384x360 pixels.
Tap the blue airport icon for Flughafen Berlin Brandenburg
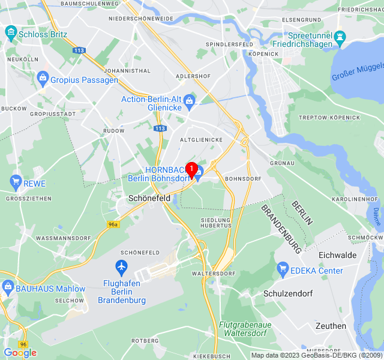point(122,266)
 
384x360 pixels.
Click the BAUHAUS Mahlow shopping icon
point(8,289)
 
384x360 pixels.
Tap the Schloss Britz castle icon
point(10,34)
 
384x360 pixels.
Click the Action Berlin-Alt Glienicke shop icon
point(190,100)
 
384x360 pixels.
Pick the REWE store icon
point(16,181)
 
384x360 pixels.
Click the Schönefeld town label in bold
point(150,197)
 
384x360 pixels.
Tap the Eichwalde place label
point(338,255)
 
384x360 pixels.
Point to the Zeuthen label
point(331,326)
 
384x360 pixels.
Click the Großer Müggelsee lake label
point(358,72)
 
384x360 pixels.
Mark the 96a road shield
point(113,224)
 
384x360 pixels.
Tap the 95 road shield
point(23,344)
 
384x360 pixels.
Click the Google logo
point(20,353)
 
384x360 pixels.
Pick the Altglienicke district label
point(201,140)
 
